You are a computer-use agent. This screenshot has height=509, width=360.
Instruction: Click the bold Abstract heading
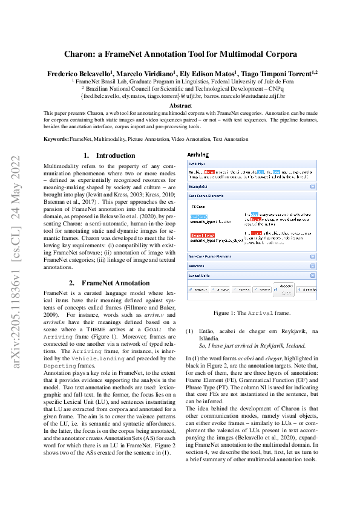180,105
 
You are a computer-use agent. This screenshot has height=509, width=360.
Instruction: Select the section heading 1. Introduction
110,155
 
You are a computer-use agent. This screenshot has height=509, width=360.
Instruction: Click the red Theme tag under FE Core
201,235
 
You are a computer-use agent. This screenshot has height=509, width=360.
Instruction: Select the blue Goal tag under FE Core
198,215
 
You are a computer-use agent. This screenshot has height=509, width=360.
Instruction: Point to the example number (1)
189,331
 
